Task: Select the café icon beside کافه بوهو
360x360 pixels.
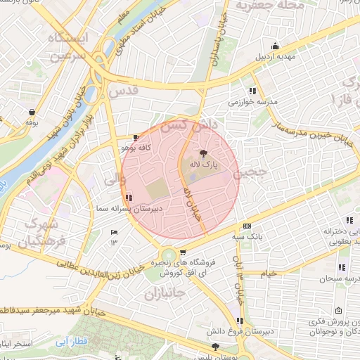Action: pyautogui.click(x=136, y=138)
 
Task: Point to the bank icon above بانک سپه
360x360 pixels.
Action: pyautogui.click(x=246, y=226)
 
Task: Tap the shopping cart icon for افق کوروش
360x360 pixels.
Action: pyautogui.click(x=183, y=253)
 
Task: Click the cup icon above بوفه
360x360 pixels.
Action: pyautogui.click(x=32, y=112)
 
